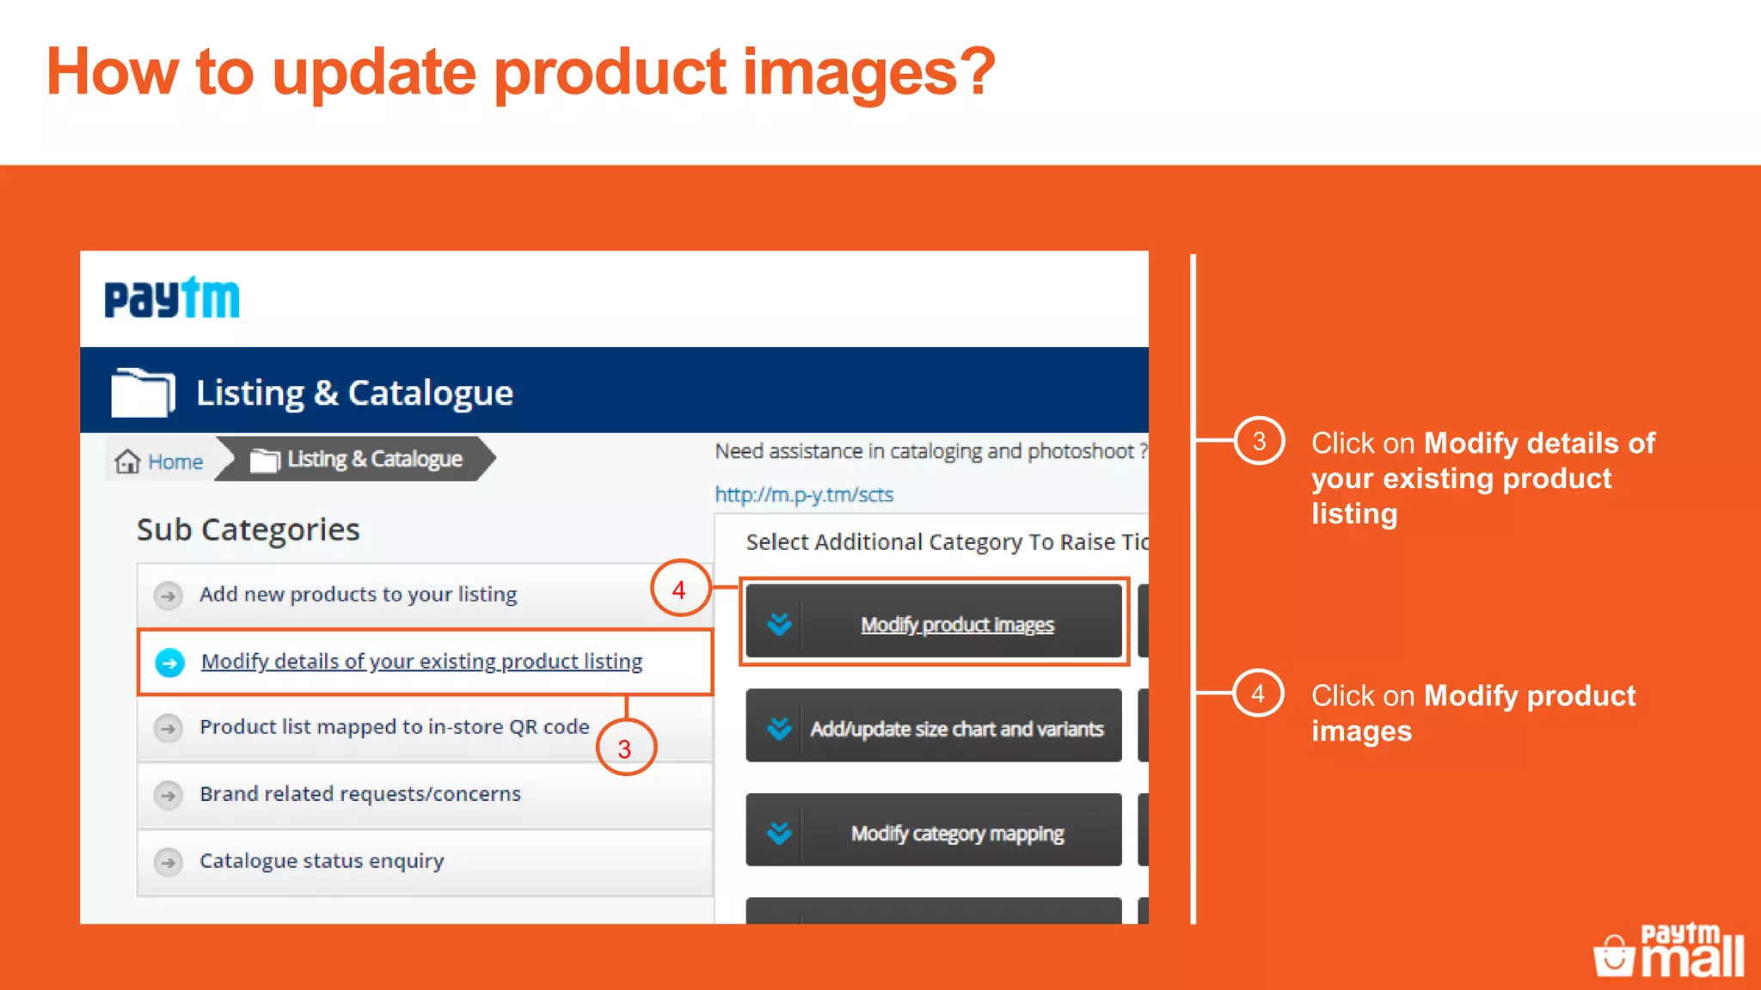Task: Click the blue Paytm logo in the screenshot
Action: pos(172,298)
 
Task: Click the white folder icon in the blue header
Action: pos(143,392)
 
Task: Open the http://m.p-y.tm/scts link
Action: pos(804,495)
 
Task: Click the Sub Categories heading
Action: pos(248,529)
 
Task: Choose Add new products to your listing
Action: pos(358,595)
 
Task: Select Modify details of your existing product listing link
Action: pos(421,662)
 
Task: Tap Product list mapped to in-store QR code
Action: pos(394,727)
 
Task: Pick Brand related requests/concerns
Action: pos(359,794)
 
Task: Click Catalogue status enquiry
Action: pos(322,861)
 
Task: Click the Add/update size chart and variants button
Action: pos(934,729)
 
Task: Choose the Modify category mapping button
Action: pos(934,833)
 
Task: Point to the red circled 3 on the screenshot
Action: pos(625,749)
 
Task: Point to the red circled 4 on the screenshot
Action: pos(679,590)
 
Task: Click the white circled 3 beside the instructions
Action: pos(1259,442)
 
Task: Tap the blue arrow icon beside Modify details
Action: pos(170,663)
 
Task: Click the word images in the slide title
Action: pos(869,72)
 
